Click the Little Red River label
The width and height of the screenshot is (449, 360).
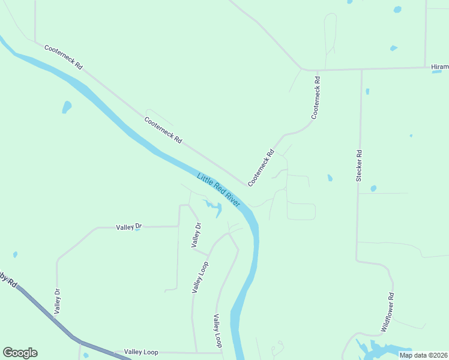[x=218, y=190]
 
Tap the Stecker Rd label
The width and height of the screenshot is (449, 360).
[x=359, y=166]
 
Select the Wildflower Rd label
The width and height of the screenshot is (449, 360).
[x=388, y=313]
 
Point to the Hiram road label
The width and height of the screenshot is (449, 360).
[x=439, y=67]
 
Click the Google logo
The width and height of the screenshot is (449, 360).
[x=20, y=353]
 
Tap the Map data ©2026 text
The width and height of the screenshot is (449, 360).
[x=423, y=355]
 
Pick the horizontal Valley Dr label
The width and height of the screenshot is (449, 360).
[x=128, y=227]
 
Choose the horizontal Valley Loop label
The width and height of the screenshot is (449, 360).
[x=141, y=352]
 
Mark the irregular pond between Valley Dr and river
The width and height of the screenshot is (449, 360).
[x=214, y=208]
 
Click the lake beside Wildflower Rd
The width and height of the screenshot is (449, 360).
[x=378, y=350]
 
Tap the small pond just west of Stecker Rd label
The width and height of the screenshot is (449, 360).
[x=330, y=178]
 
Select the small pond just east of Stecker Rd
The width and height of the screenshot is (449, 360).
[x=373, y=188]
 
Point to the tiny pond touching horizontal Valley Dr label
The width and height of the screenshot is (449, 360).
[x=137, y=229]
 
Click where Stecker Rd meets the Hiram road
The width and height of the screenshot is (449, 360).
[x=361, y=70]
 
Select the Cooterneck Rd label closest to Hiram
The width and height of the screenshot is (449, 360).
[x=316, y=97]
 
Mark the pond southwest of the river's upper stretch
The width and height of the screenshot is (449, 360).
[x=66, y=107]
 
